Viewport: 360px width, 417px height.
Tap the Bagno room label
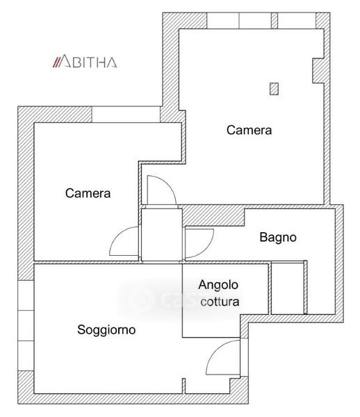(278, 237)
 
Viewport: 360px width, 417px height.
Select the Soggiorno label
(106, 330)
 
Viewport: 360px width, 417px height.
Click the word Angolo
(218, 286)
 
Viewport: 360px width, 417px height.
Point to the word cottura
(220, 302)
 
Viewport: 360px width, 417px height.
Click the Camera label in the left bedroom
(88, 193)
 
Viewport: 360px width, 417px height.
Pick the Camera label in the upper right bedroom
(249, 131)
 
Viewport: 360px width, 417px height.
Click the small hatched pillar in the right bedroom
(274, 89)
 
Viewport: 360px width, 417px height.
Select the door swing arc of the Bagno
(206, 249)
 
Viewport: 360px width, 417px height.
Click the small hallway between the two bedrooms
(162, 235)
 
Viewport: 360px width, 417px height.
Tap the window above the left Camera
(126, 115)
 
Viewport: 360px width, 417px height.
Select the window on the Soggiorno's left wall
(26, 325)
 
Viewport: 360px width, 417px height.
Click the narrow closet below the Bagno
(287, 288)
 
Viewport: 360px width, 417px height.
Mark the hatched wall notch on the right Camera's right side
(319, 71)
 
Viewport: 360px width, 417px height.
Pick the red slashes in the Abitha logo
(56, 61)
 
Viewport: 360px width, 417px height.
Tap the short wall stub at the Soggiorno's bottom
(183, 386)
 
